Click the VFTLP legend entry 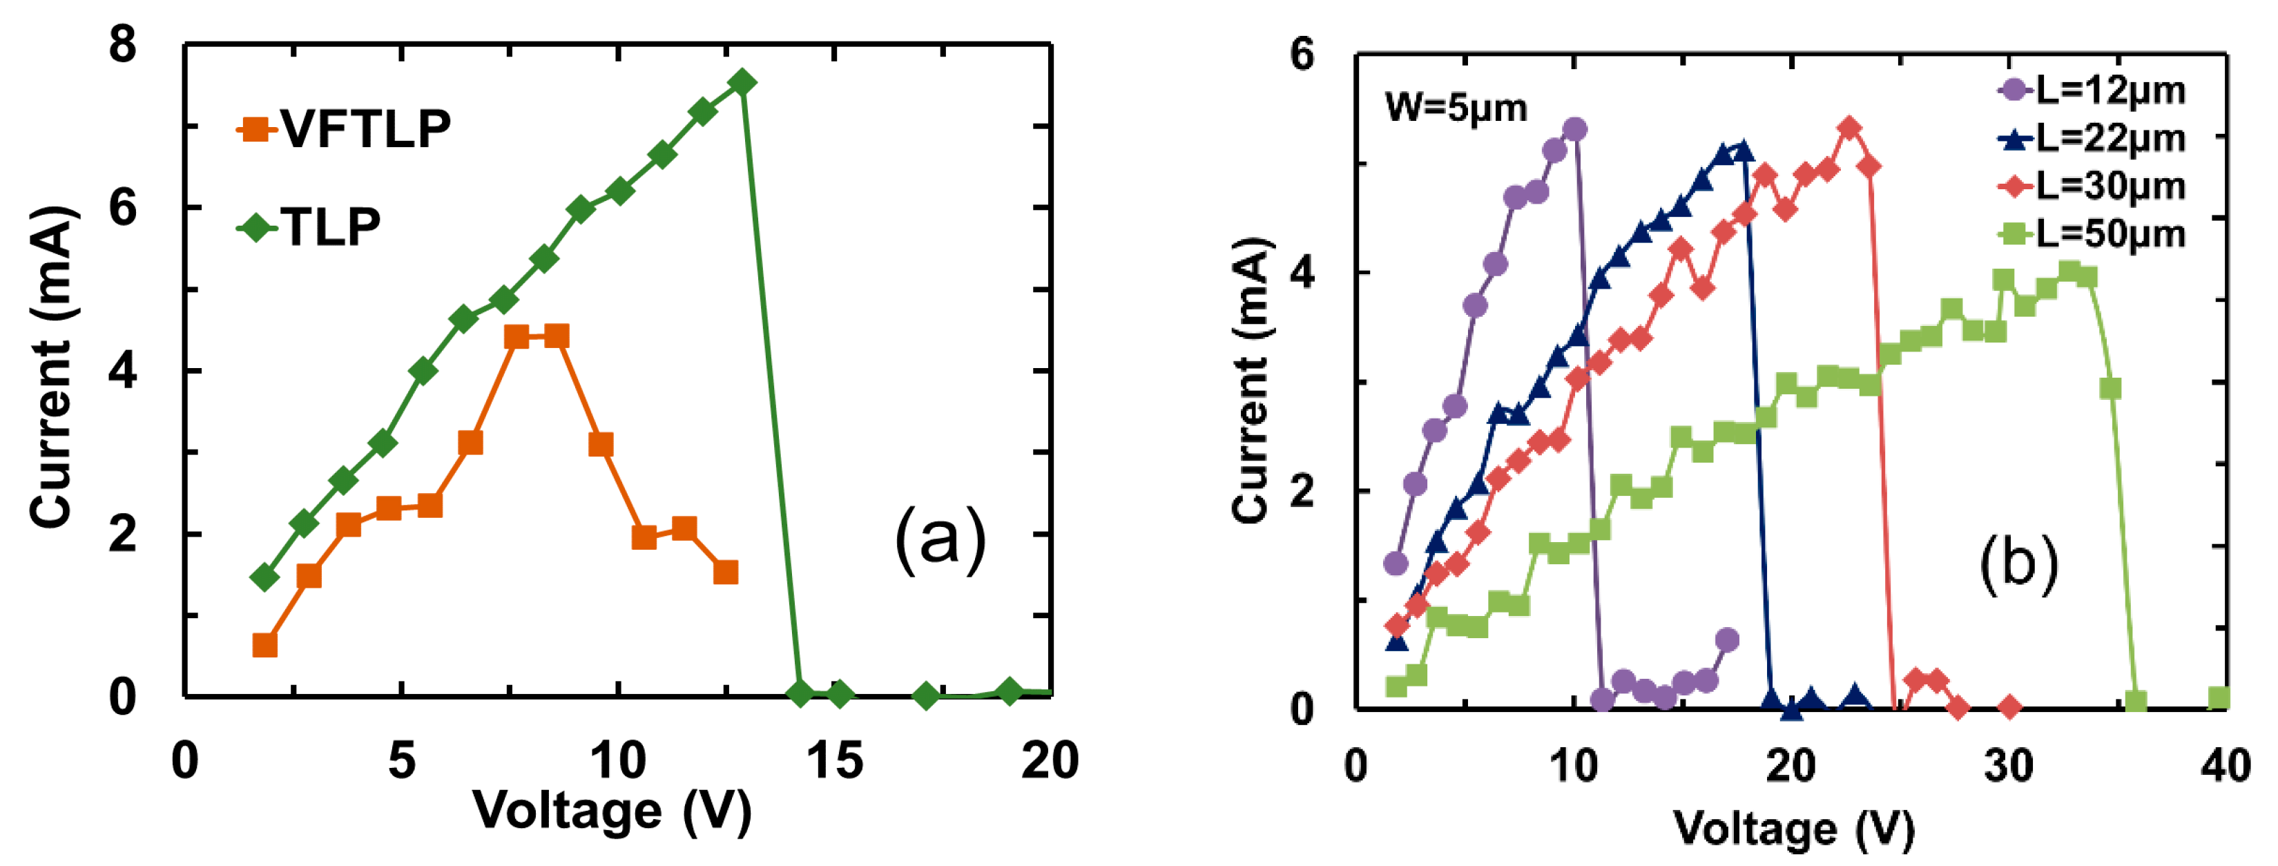(345, 129)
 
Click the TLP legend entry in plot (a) (309, 227)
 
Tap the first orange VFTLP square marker (264, 645)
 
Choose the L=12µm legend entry (2092, 90)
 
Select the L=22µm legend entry (2092, 138)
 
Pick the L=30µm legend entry (2092, 186)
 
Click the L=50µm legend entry (2092, 233)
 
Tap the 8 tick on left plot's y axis (123, 44)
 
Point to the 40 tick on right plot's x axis (2225, 765)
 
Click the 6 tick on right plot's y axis (1302, 55)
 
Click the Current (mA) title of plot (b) (1251, 381)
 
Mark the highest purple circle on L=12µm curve (1574, 130)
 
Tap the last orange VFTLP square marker (725, 572)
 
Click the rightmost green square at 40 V (2219, 699)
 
